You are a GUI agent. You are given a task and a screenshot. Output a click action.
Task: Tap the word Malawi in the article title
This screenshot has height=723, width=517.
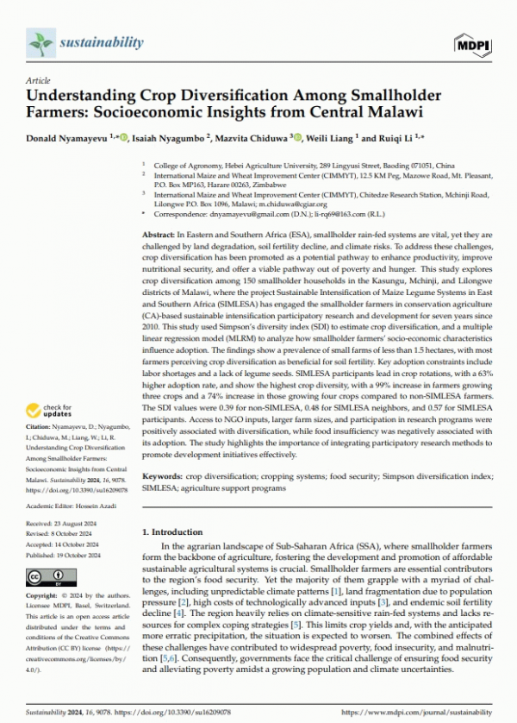click(x=381, y=110)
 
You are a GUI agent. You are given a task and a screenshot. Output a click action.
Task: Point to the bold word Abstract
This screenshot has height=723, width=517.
click(x=159, y=236)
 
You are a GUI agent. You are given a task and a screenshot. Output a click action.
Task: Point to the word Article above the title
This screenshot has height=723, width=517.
click(x=39, y=79)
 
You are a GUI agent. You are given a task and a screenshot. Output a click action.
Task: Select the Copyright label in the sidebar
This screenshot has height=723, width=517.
click(x=43, y=596)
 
